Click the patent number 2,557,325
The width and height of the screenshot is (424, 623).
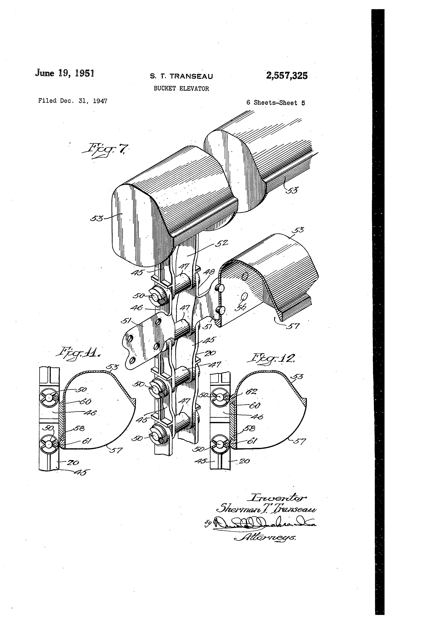pos(287,76)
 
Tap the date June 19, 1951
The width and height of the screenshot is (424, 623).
pos(64,73)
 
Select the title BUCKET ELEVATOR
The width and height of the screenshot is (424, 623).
pos(181,89)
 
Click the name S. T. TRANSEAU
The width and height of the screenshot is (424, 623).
pos(181,76)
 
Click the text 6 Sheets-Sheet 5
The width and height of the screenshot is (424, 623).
pos(276,103)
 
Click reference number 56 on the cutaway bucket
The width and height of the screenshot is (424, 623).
pos(240,307)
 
